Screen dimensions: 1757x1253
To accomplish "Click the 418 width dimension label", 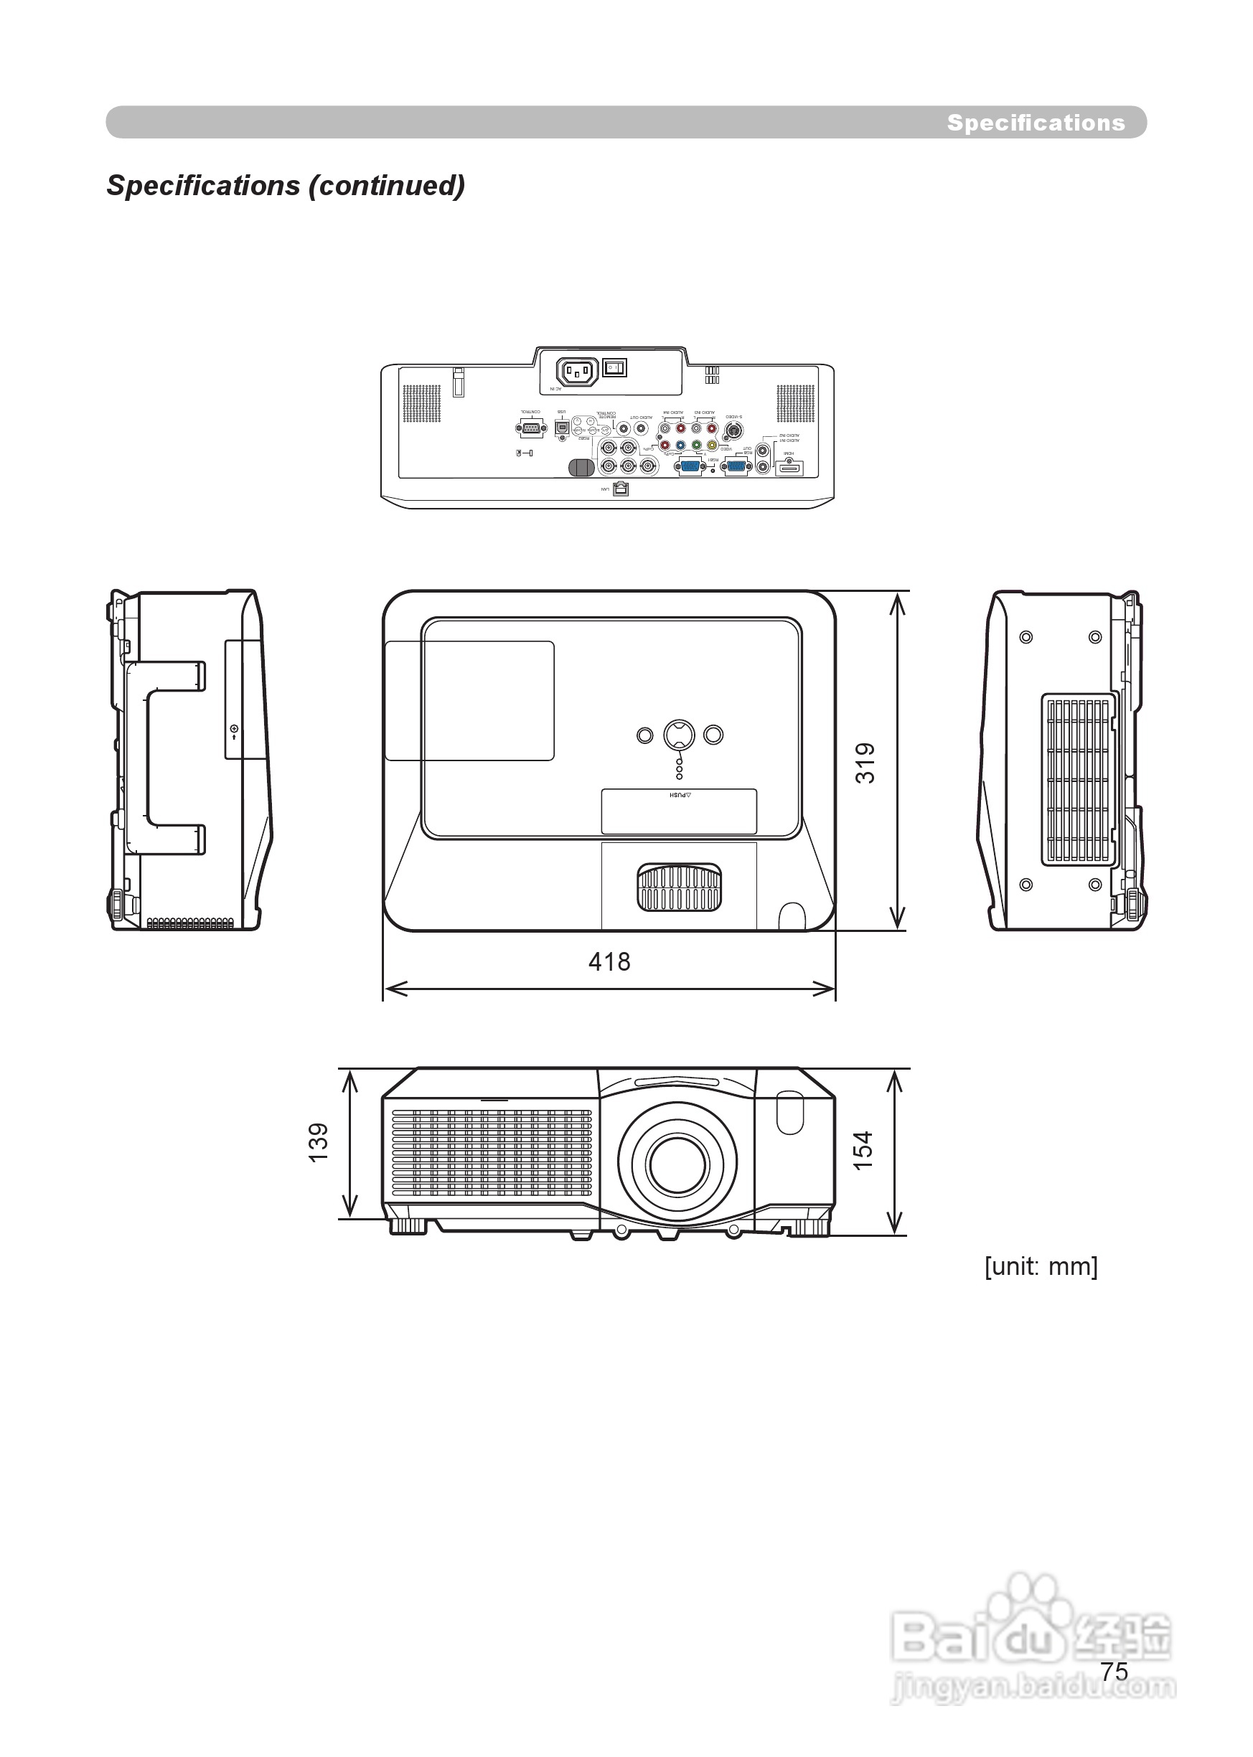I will click(x=609, y=961).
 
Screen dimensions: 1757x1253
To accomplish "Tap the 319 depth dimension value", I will click(x=865, y=763).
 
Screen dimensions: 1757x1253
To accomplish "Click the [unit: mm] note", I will click(x=1040, y=1266).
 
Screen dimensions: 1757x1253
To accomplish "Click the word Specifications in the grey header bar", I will click(x=1036, y=123).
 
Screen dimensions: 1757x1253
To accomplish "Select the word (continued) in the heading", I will click(x=387, y=185).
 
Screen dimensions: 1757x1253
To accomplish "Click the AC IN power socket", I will click(x=577, y=373).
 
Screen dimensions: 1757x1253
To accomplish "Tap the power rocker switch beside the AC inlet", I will click(x=614, y=368).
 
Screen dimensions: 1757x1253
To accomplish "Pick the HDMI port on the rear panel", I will click(x=789, y=466).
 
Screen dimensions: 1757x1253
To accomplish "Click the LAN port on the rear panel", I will click(x=621, y=489).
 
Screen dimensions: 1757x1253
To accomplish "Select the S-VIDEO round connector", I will click(x=733, y=428).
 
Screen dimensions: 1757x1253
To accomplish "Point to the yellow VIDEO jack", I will click(x=711, y=445).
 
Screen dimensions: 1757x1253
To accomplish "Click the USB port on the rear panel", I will click(x=563, y=427).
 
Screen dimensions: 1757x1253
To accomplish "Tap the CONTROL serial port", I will click(x=530, y=429).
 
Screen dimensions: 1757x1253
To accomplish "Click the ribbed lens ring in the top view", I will click(x=679, y=887).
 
